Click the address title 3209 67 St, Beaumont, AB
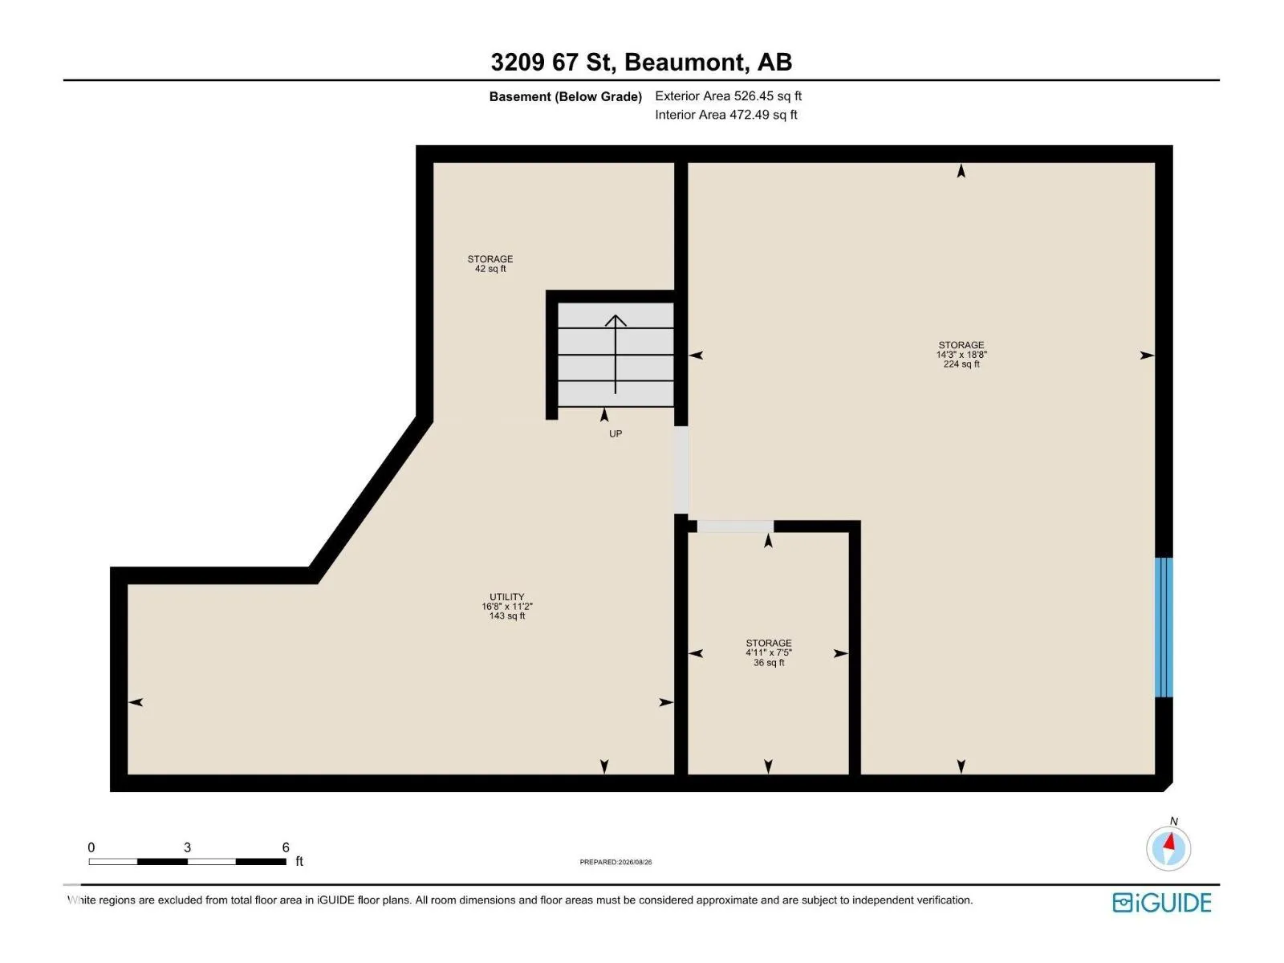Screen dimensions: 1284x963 click(x=641, y=62)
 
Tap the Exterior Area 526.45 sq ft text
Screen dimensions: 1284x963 click(x=728, y=95)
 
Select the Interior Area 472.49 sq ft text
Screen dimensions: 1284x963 click(x=725, y=115)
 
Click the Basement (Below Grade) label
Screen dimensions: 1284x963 click(x=565, y=96)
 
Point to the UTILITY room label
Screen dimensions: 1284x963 click(x=506, y=597)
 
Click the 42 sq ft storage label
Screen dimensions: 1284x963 click(x=490, y=264)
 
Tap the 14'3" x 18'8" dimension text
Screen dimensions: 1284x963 click(x=961, y=355)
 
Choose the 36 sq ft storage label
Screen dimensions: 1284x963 click(x=768, y=652)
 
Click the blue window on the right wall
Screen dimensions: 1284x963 click(x=1163, y=628)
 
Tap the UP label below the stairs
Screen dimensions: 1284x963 click(x=616, y=434)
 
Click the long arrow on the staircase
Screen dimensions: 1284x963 click(x=615, y=354)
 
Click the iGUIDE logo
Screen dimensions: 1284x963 click(x=1161, y=903)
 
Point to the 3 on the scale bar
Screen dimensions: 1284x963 click(x=187, y=847)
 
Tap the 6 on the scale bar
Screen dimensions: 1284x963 click(x=286, y=847)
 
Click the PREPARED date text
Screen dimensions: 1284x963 click(x=616, y=862)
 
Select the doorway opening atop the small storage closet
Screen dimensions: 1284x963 click(x=735, y=526)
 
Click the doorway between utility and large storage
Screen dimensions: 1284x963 click(x=681, y=470)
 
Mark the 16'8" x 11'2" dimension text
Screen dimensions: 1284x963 click(x=506, y=607)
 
